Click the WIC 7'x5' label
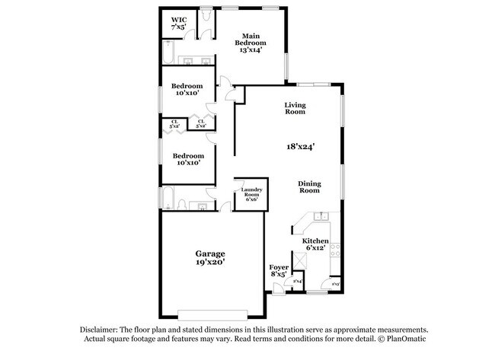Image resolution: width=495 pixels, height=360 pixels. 178,23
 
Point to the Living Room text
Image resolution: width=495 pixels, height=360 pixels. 295,108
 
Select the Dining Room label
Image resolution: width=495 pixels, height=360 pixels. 308,187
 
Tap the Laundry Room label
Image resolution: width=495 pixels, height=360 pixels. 251,194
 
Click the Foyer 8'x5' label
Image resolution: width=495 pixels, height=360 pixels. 279,272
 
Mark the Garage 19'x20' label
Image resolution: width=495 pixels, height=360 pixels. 209,256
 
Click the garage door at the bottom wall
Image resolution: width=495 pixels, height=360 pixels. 212,314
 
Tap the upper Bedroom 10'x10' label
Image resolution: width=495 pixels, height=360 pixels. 187,89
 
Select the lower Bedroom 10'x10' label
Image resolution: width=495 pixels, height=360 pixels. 187,158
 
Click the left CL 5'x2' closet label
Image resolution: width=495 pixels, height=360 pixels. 174,123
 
